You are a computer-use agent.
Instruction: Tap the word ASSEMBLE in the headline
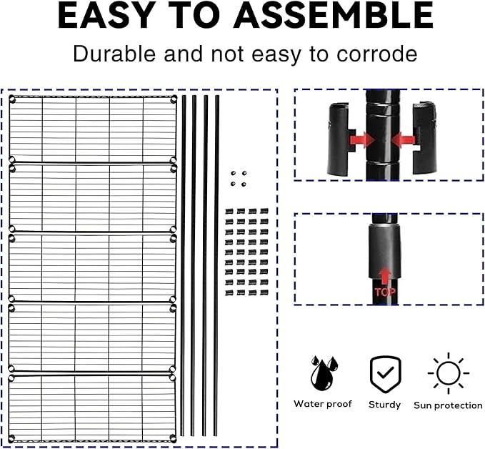point(334,15)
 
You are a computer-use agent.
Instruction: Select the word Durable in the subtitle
point(114,54)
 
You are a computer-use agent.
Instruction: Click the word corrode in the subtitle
point(376,54)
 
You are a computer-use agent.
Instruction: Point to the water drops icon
point(324,373)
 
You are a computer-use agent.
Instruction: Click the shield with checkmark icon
point(386,375)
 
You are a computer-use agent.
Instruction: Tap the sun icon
point(449,373)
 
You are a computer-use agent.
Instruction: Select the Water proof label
point(323,404)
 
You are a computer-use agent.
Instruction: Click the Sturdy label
point(384,405)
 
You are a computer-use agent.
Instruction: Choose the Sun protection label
point(448,405)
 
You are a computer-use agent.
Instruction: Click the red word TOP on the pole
point(385,292)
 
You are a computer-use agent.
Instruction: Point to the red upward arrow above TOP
point(384,276)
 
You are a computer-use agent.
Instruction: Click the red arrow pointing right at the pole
point(362,139)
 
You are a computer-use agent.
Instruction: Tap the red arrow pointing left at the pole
point(404,140)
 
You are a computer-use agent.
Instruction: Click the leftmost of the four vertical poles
point(183,265)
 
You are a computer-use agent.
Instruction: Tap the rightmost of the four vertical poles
point(216,265)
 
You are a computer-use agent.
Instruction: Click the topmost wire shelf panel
point(93,129)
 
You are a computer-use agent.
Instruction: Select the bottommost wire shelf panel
point(92,408)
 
